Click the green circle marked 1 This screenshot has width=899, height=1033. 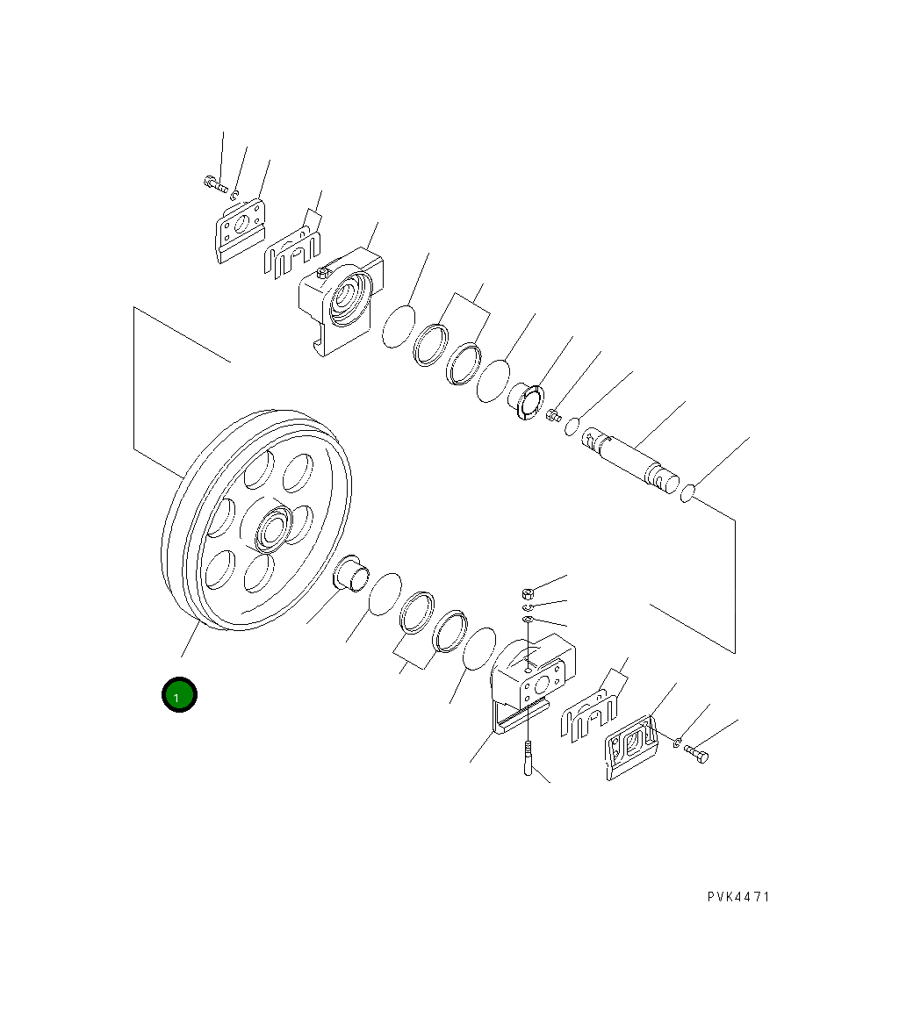click(x=179, y=695)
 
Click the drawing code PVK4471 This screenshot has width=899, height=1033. click(x=738, y=897)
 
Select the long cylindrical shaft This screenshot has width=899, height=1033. click(x=631, y=456)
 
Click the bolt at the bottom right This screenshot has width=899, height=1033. click(x=697, y=753)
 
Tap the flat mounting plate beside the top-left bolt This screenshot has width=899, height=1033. click(x=239, y=228)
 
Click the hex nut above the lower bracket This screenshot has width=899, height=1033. click(x=526, y=592)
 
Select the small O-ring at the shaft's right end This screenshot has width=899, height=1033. click(x=688, y=496)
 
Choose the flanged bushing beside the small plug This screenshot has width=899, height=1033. click(x=527, y=400)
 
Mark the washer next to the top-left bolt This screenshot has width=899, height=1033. click(x=236, y=190)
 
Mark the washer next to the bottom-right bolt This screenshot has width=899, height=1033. click(x=678, y=744)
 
